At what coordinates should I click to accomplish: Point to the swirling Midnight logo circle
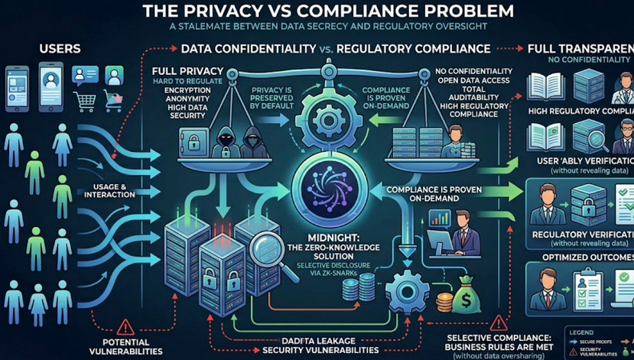(317, 188)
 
